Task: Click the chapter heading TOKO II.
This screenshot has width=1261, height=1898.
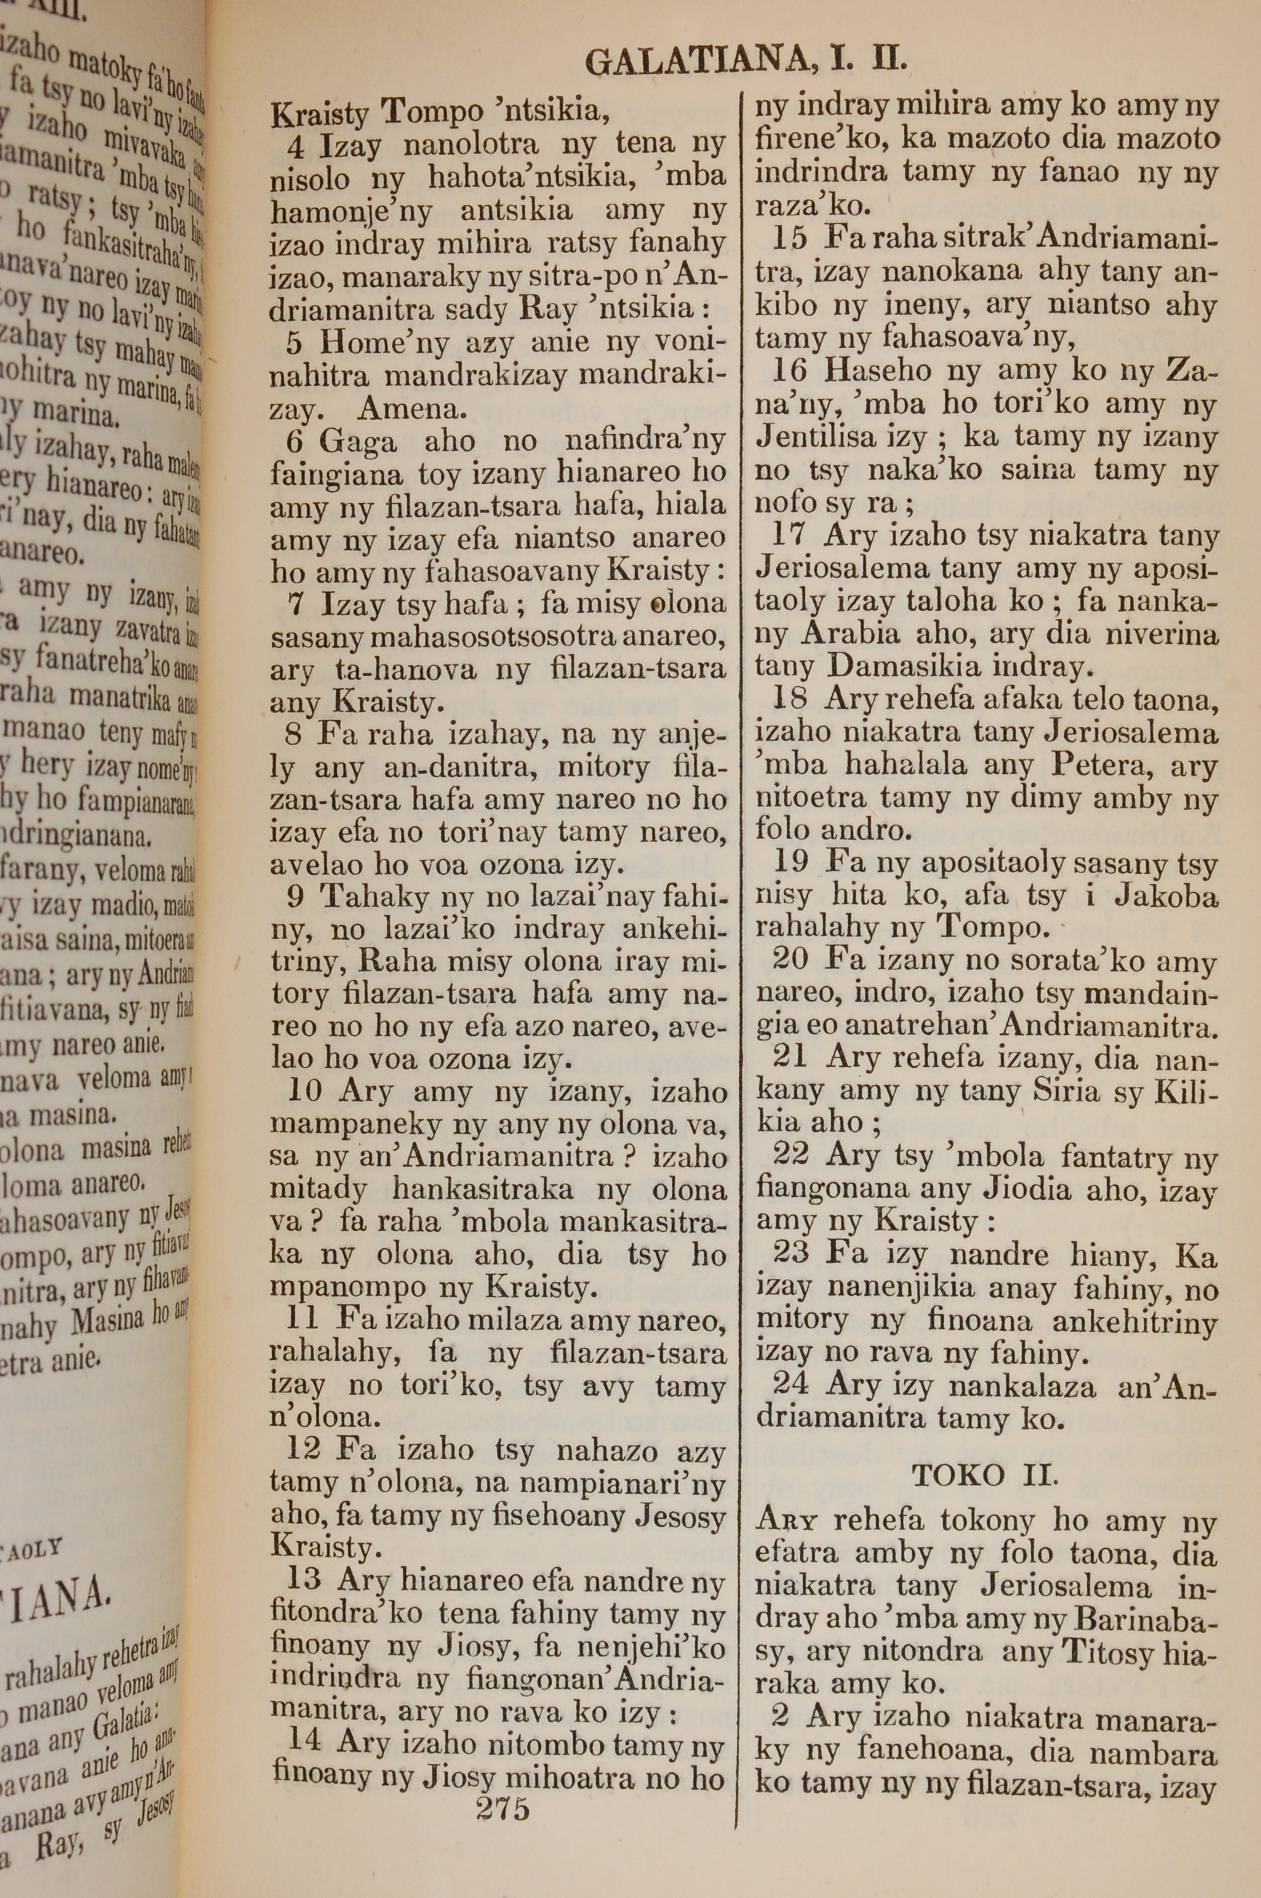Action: point(984,1475)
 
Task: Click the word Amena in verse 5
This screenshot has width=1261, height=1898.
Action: point(412,410)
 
